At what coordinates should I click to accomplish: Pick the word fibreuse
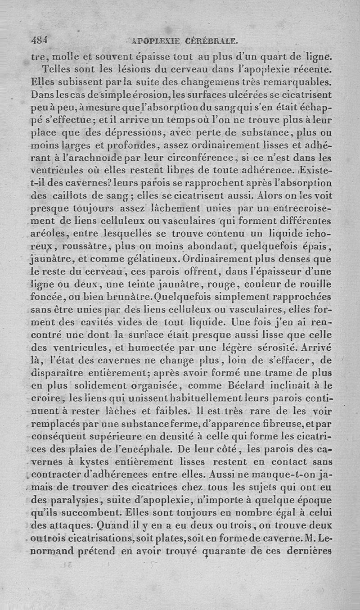click(290, 424)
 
